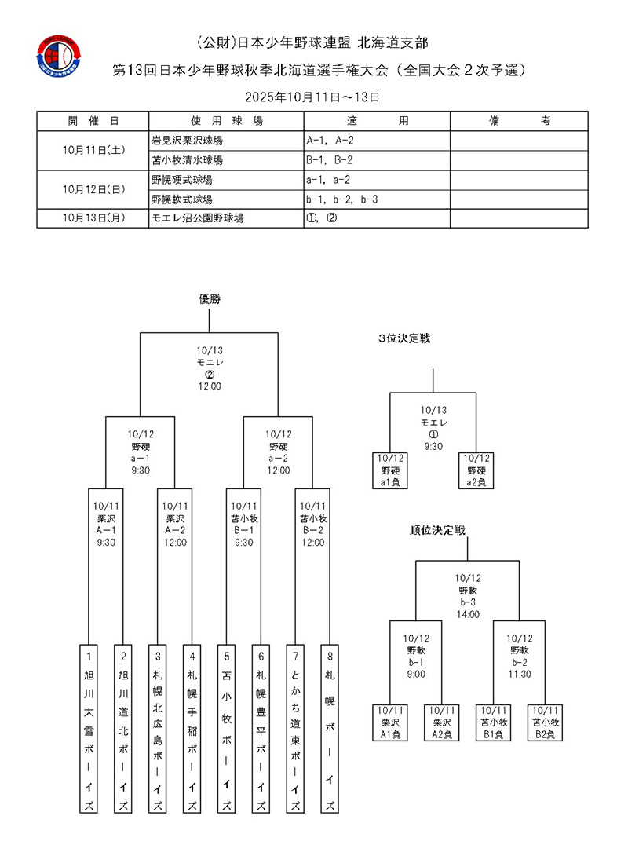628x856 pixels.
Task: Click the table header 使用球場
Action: pyautogui.click(x=226, y=121)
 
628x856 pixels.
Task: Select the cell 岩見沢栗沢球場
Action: pyautogui.click(x=226, y=140)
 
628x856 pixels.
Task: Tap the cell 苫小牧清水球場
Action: pyautogui.click(x=226, y=159)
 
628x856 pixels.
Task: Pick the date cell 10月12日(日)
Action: pyautogui.click(x=93, y=189)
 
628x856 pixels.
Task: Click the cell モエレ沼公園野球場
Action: pyautogui.click(x=226, y=218)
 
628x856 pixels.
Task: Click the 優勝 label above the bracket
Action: pyautogui.click(x=209, y=298)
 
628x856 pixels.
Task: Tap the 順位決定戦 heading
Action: pyautogui.click(x=437, y=530)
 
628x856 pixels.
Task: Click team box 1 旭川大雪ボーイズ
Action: pyautogui.click(x=89, y=729)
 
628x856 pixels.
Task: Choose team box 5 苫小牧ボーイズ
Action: pyautogui.click(x=226, y=729)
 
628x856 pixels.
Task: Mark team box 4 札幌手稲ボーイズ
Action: pyautogui.click(x=192, y=729)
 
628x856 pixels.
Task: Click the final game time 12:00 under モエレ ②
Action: pyautogui.click(x=209, y=386)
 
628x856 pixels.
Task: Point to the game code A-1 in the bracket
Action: pyautogui.click(x=106, y=530)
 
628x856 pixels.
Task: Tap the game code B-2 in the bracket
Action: pyautogui.click(x=312, y=530)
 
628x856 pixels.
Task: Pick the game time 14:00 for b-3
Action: pyautogui.click(x=467, y=615)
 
